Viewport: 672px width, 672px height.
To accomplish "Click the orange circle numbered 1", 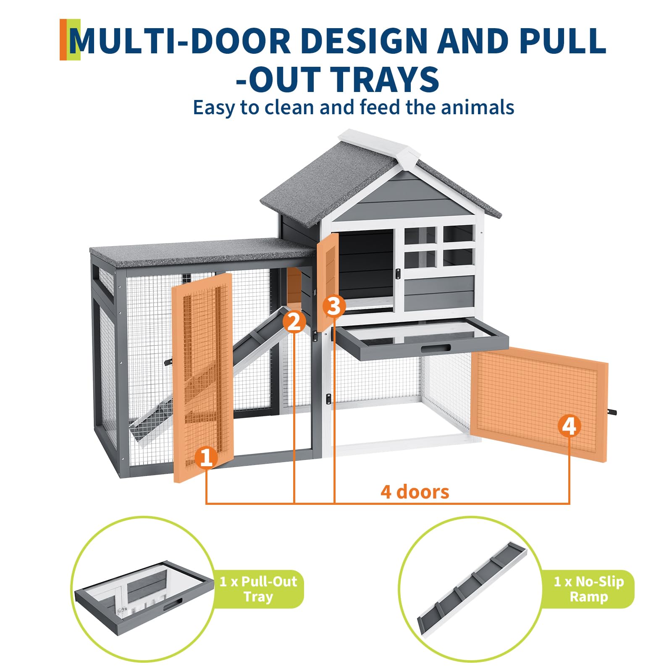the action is [206, 457].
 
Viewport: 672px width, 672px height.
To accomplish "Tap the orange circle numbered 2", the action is [294, 322].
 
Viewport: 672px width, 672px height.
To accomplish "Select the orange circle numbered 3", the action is [334, 306].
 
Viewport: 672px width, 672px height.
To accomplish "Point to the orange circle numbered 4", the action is [569, 426].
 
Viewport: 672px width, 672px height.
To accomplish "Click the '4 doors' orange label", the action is [415, 492].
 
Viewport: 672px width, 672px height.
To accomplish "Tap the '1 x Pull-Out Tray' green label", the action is [258, 589].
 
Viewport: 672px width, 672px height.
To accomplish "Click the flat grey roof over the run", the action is [202, 252].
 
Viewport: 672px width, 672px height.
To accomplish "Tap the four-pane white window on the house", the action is [439, 247].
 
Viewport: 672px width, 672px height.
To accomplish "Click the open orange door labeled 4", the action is [539, 404].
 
